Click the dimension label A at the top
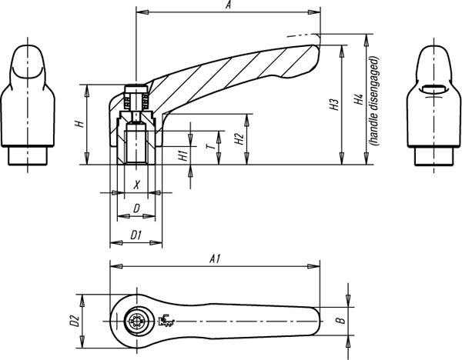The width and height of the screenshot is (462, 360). tap(228, 5)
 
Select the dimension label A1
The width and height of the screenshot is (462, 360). tap(215, 259)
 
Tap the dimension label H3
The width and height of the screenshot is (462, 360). tap(334, 105)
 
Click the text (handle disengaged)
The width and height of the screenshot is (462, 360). tap(374, 101)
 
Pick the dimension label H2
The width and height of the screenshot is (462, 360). tap(239, 139)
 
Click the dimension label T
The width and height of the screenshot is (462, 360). tap(211, 146)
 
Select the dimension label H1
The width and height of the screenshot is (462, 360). tap(183, 155)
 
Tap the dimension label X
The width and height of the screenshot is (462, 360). tap(136, 185)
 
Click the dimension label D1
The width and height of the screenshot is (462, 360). tap(136, 235)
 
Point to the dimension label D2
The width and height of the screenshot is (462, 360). tap(74, 321)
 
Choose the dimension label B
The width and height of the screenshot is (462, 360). tap(341, 321)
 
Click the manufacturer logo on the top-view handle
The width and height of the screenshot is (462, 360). tap(166, 320)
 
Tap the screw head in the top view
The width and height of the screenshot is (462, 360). tap(136, 321)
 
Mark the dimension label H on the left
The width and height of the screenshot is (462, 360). tap(79, 124)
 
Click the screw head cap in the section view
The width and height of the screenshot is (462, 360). tap(136, 88)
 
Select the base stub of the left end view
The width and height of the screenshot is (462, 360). tap(28, 155)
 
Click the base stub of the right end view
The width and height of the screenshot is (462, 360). tap(434, 156)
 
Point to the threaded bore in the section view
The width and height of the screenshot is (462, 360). tap(136, 144)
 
